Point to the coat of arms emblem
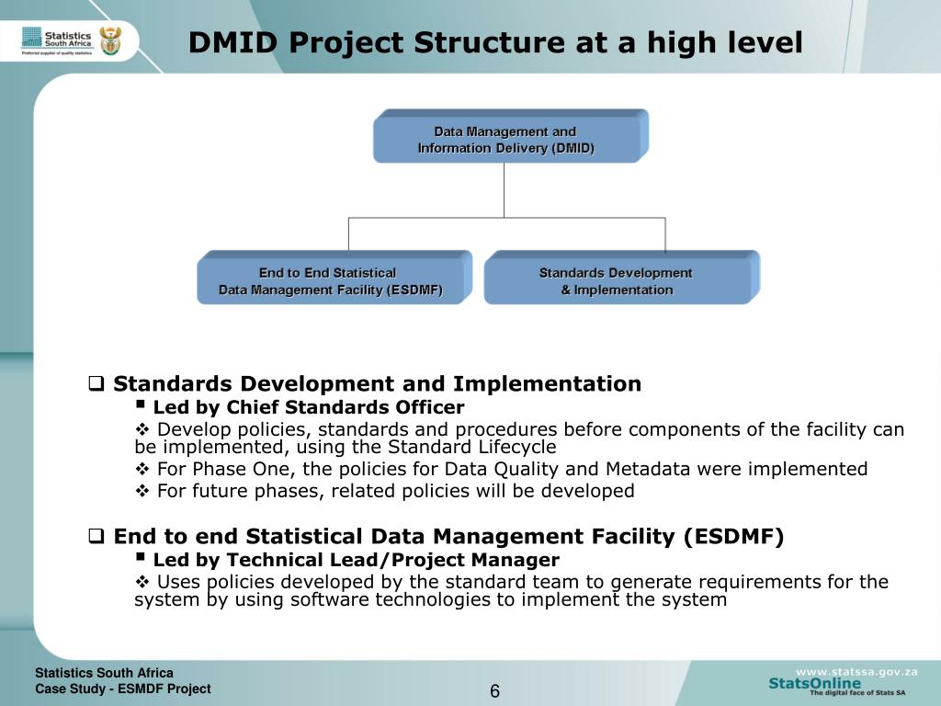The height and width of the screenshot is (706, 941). [111, 40]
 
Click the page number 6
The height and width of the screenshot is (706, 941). [494, 691]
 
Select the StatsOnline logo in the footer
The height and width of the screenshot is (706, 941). [815, 684]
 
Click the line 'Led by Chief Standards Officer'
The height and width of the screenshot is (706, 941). [308, 407]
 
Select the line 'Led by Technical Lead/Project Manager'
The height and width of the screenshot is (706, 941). [356, 560]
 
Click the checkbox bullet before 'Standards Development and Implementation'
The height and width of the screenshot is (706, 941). [95, 384]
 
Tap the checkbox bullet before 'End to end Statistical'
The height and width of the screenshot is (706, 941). [95, 537]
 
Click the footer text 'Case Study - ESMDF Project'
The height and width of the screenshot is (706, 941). [123, 689]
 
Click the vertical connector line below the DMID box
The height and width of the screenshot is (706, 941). [505, 190]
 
